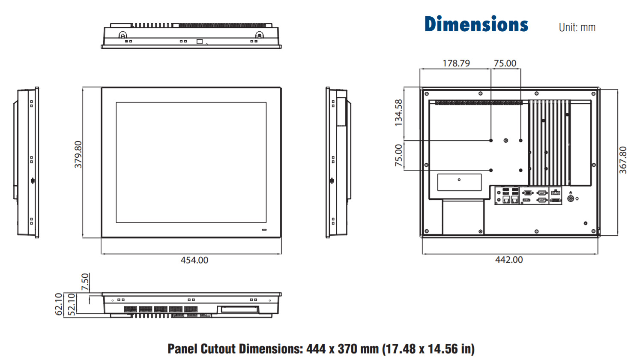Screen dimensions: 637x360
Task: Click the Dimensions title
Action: point(476,24)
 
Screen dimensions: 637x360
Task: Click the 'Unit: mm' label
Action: point(577,27)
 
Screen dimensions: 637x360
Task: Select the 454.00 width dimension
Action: point(194,260)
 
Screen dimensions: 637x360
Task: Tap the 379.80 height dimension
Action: point(78,155)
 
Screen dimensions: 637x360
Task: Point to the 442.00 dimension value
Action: point(509,260)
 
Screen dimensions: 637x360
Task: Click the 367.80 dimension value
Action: point(623,160)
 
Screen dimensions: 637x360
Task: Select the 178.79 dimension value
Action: point(456,63)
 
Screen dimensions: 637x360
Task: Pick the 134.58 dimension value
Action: point(399,113)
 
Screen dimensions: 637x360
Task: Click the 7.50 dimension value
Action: point(85,282)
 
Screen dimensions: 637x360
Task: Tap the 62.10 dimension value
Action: point(58,304)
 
